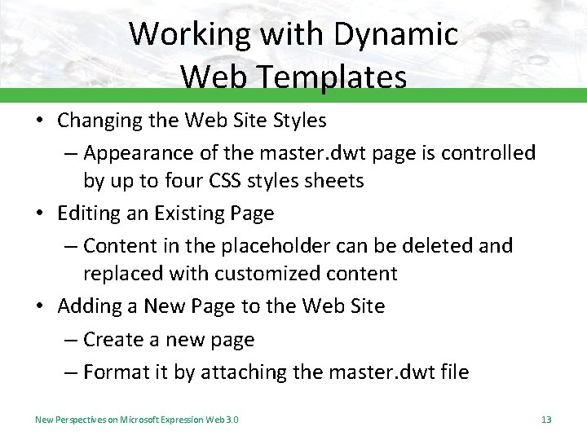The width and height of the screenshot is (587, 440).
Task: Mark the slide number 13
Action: pyautogui.click(x=546, y=420)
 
